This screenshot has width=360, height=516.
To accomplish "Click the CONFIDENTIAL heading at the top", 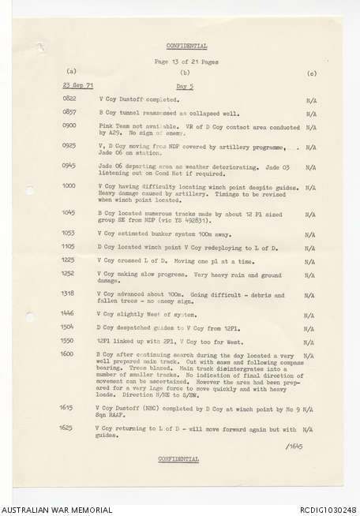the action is pos(187,47).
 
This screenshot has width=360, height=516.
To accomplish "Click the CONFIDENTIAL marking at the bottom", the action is pos(178,458).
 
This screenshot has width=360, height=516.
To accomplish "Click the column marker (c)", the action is pos(311,73).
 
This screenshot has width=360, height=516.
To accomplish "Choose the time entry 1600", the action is pos(69,354).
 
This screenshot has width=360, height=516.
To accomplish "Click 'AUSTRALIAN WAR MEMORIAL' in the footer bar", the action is pos(57,509).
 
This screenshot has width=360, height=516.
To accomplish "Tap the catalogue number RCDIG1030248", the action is pos(323,509).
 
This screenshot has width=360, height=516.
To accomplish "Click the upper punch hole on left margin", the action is pos(29,190).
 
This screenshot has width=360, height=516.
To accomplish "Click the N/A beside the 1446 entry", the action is pos(310,314).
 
